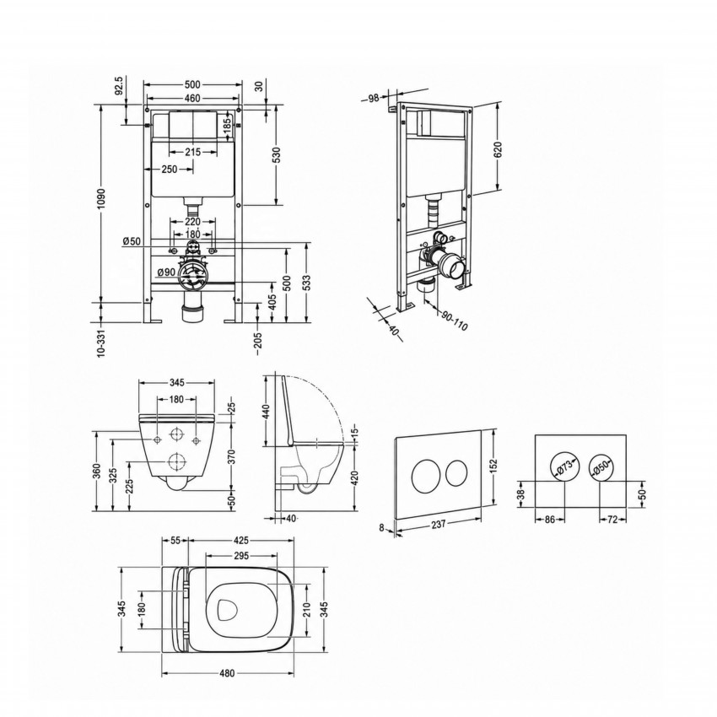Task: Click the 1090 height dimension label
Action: tap(101, 198)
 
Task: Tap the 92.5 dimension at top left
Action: tap(119, 86)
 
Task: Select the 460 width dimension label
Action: tap(192, 99)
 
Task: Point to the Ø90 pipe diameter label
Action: tap(166, 272)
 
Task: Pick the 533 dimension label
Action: tap(306, 282)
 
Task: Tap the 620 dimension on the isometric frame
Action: tap(498, 149)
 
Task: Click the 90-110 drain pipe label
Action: tap(455, 320)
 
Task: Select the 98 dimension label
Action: tap(374, 97)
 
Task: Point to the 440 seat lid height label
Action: tap(267, 411)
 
